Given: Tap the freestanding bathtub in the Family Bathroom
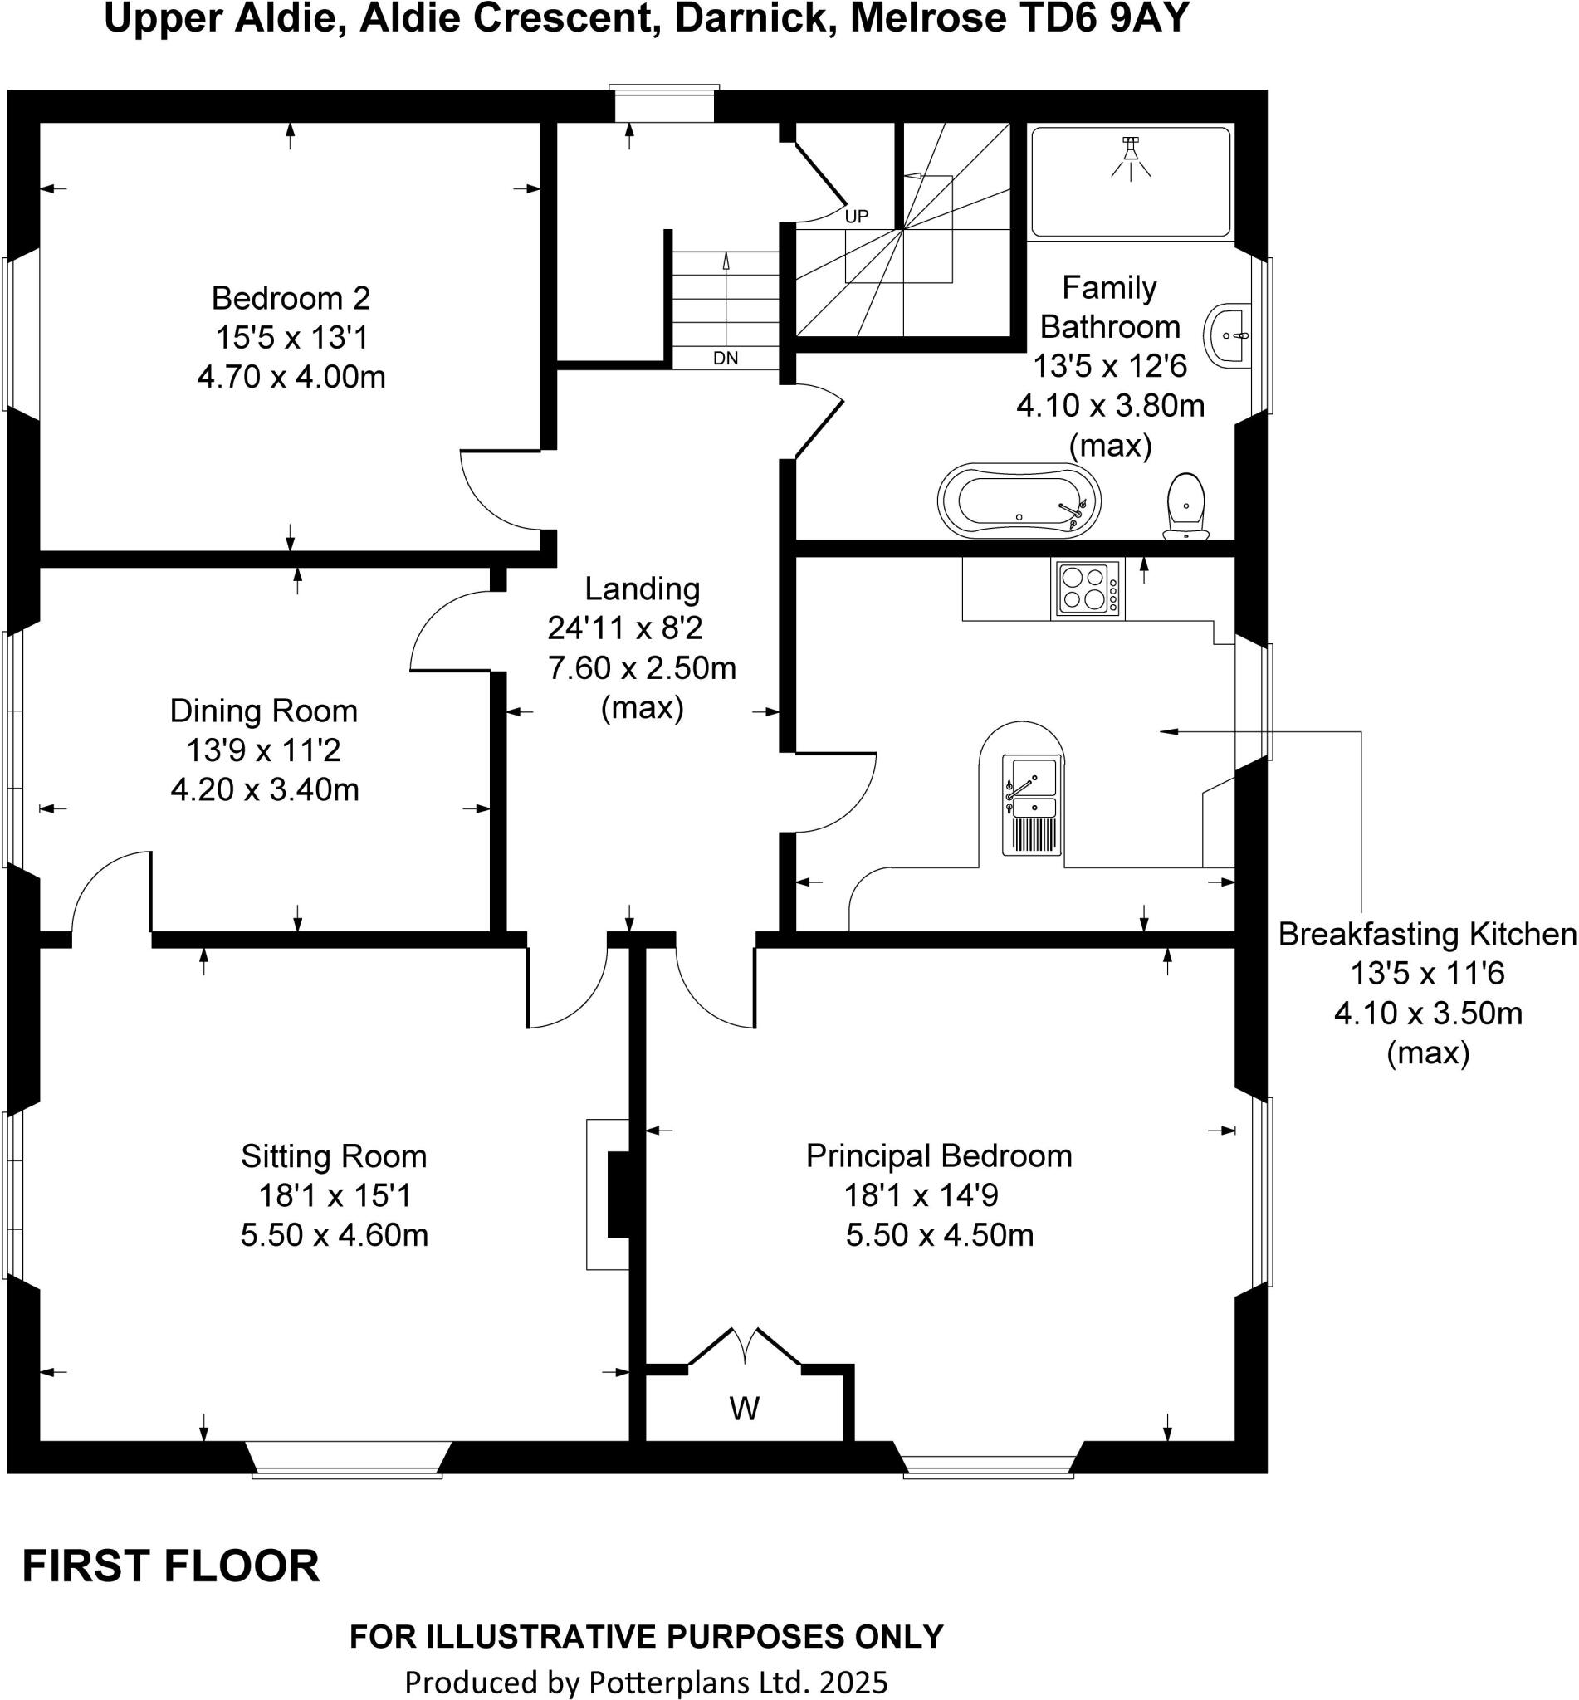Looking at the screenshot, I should tap(1019, 501).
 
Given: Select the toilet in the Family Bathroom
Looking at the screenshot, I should tap(1186, 507).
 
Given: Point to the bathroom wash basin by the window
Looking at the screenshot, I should tap(1229, 335).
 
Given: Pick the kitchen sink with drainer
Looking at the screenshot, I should tap(1032, 804).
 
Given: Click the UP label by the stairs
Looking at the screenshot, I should tap(856, 217).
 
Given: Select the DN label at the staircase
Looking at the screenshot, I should tap(726, 359).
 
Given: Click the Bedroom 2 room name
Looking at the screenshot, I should tap(291, 298).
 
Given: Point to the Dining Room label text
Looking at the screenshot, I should tap(263, 711).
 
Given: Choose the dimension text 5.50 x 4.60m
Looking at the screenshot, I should tap(334, 1235).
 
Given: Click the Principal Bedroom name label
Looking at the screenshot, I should tap(939, 1155).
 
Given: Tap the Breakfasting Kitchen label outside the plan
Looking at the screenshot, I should tap(1426, 935).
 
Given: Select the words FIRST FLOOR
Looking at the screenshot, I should tap(171, 1566).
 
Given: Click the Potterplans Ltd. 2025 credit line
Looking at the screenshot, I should tap(646, 1682).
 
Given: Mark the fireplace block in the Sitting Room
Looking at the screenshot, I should tap(617, 1194).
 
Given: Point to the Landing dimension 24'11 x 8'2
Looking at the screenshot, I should tap(624, 628).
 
